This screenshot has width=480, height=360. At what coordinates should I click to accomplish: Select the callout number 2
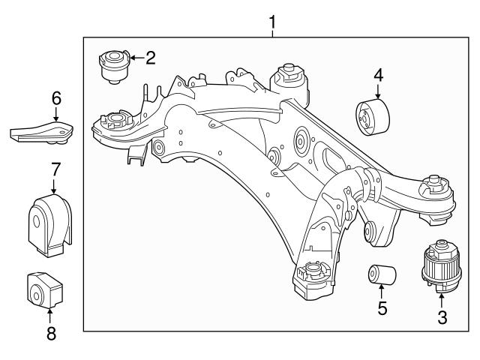(150, 57)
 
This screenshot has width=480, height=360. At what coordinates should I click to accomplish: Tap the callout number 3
(442, 317)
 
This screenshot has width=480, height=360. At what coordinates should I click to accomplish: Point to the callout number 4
(378, 75)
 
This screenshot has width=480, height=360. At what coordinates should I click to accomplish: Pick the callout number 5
(382, 308)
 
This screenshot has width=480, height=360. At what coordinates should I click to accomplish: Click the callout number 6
(55, 97)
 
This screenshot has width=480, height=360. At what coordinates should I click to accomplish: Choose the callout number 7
(55, 169)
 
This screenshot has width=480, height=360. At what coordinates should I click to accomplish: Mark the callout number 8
(51, 333)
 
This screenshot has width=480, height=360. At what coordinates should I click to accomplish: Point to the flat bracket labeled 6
(42, 132)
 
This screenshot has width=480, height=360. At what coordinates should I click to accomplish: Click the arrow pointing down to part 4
(378, 91)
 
